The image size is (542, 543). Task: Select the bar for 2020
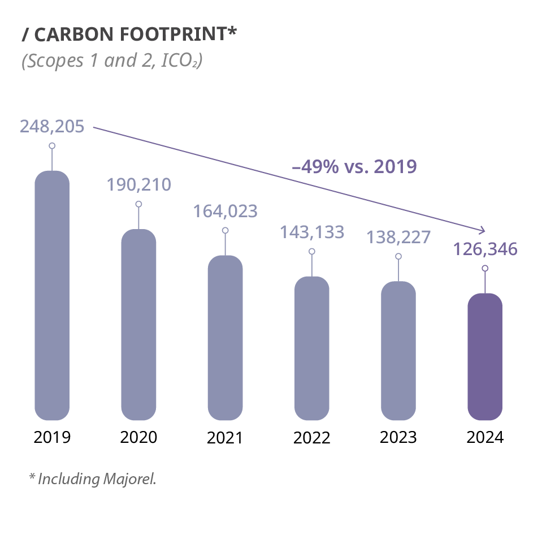(x=138, y=325)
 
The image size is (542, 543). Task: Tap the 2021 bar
(x=225, y=338)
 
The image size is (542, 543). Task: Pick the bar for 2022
(x=311, y=349)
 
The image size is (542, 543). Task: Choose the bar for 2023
(x=398, y=351)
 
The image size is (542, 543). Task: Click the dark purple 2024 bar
(x=485, y=357)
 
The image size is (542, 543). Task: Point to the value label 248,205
(x=52, y=126)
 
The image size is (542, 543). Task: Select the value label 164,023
(x=225, y=211)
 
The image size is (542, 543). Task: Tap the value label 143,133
(x=311, y=232)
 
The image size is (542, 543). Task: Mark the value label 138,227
(x=398, y=237)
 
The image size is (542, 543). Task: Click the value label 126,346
(x=485, y=249)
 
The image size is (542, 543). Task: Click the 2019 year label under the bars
(x=52, y=437)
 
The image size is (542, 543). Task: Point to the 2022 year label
(x=311, y=437)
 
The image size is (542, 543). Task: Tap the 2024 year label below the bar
(x=485, y=437)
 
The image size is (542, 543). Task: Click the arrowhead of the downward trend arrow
(x=483, y=230)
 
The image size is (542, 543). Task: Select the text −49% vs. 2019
(x=354, y=167)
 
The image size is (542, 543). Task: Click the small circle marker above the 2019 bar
(x=52, y=146)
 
